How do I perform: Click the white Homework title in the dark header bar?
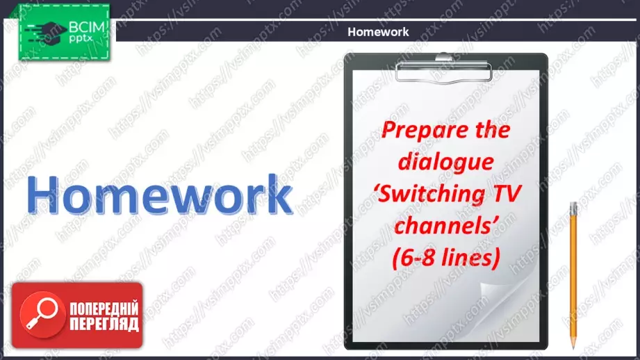378,32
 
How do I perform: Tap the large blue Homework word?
160,195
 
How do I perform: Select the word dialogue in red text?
445,162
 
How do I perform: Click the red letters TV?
507,193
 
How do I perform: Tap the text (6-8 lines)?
446,259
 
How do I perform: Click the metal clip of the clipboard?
443,69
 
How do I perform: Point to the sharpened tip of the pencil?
573,347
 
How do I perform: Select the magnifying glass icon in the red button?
42,315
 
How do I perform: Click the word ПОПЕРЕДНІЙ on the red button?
104,309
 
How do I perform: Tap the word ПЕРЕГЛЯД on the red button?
104,324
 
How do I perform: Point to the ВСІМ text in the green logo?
87,27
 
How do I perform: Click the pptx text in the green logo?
81,39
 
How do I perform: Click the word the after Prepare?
493,130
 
